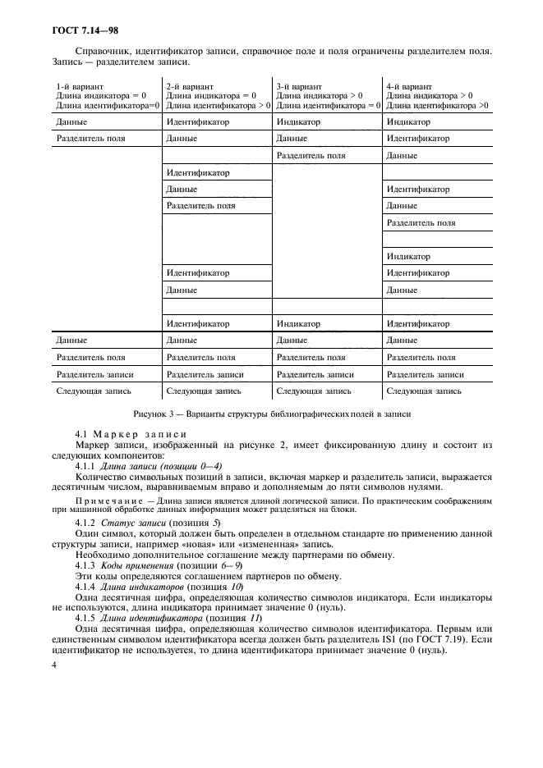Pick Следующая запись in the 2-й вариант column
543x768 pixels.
click(x=200, y=391)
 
